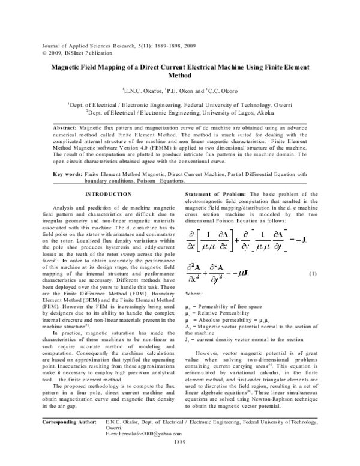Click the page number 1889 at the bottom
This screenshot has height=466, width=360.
tap(180, 458)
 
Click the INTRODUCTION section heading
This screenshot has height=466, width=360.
tap(108, 194)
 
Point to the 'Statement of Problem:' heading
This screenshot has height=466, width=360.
tap(211, 194)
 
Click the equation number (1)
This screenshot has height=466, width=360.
tap(313, 291)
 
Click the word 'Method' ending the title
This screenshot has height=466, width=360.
tap(180, 77)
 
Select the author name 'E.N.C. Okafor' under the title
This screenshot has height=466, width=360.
tap(140, 91)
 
